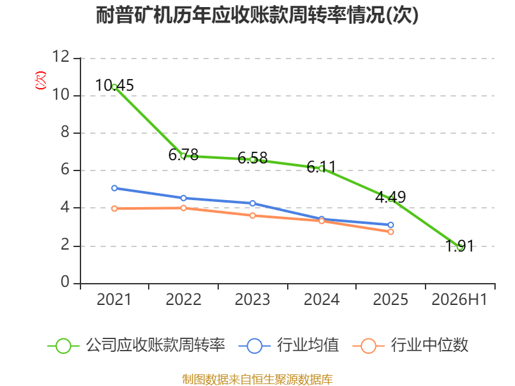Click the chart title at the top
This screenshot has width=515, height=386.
257,15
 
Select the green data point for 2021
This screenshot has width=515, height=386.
115,87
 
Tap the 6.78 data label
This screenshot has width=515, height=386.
183,154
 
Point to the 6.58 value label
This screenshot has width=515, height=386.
252,158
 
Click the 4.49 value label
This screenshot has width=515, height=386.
391,197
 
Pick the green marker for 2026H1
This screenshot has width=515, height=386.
460,248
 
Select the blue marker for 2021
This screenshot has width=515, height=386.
115,188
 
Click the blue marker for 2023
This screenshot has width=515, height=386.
252,203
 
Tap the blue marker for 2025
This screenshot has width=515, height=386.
391,225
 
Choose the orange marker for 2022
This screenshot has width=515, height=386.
183,208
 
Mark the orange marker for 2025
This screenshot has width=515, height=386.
391,232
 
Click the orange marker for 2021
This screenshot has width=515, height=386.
115,208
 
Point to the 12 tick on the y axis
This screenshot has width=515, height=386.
61,57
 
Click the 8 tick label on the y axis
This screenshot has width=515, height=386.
65,132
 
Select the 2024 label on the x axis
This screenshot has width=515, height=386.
321,299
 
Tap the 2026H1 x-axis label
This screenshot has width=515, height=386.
460,299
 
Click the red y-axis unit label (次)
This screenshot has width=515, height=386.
41,80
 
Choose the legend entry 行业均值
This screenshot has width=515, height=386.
288,345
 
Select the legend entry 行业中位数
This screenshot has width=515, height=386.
410,345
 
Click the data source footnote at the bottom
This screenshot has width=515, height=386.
257,380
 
